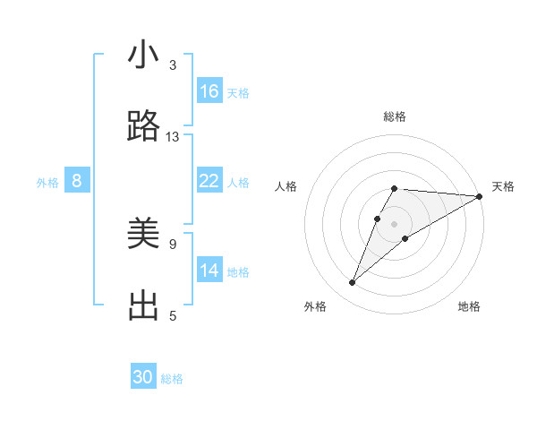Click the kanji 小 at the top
pos(143,55)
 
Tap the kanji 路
pos(143,126)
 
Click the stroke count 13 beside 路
pos(173,137)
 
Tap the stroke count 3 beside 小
pos(173,65)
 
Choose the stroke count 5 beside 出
pos(173,315)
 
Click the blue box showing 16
pos(209,91)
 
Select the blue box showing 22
pos(209,181)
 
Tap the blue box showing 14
pos(209,270)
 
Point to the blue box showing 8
pos(77,181)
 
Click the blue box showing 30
pos(143,377)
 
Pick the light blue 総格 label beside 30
pos(172,379)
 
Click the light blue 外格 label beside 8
pos(47,183)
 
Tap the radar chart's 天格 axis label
pos(503,186)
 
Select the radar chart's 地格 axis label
pos(469,306)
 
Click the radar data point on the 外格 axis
pos(352,282)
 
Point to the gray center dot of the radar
pos(394,224)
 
